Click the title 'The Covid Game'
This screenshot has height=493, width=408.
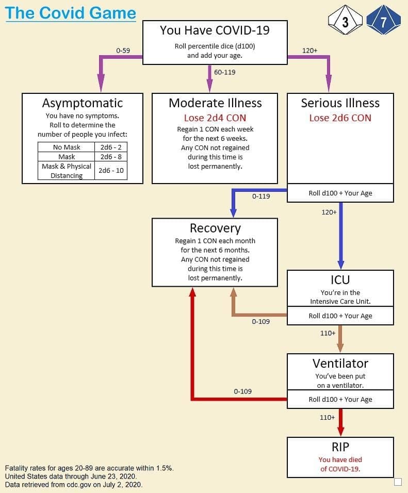pos(71,13)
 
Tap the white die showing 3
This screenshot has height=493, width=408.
pos(345,20)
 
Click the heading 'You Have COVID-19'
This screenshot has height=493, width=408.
pos(215,30)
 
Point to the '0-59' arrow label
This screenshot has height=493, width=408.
pos(123,51)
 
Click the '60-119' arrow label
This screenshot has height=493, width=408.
pos(224,72)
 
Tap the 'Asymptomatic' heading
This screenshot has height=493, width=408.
pos(83,103)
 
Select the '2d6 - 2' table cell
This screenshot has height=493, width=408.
pos(111,147)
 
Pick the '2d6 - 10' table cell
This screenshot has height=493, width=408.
pos(111,170)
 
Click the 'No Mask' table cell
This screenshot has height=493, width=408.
pos(67,147)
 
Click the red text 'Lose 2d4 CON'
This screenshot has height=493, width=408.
pos(215,118)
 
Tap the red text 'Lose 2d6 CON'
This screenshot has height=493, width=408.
pos(340,118)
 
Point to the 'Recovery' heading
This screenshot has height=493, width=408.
pos(215,228)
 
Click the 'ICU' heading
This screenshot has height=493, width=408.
pos(340,280)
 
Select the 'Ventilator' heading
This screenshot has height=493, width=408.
pos(340,364)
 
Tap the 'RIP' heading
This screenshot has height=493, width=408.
pos(340,447)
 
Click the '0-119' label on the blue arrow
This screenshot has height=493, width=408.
pos(261,196)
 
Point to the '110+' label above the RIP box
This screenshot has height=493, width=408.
pos(327,418)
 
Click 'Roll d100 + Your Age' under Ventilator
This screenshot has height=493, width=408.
pos(340,399)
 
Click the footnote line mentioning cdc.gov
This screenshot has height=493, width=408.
pos(74,485)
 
